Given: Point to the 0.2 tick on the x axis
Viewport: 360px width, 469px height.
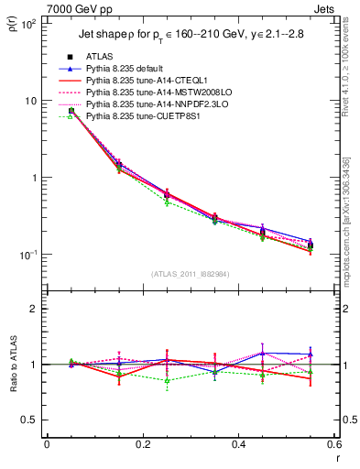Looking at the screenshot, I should tap(142, 444).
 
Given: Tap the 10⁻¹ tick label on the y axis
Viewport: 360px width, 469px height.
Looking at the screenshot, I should tap(27, 254).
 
